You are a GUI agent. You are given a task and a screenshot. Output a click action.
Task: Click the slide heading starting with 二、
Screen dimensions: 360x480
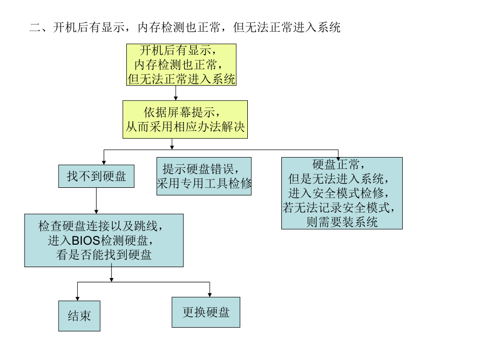185,28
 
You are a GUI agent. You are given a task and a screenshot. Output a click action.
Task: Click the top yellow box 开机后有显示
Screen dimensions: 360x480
181,65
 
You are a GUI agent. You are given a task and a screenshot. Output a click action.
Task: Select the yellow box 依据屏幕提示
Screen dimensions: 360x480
185,119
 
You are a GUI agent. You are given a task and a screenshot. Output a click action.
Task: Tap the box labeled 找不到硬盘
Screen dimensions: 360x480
96,176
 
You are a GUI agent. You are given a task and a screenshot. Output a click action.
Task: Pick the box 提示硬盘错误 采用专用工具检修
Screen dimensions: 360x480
204,176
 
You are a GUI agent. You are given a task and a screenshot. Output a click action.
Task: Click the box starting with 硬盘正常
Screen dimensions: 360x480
342,193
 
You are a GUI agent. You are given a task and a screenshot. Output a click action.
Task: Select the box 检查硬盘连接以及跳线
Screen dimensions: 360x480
104,240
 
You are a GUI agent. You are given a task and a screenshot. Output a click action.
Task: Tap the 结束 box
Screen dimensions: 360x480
79,316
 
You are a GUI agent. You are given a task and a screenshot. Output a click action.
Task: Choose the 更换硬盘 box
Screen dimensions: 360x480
206,312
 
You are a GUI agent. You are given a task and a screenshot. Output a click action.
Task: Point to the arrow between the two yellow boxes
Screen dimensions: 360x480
176,93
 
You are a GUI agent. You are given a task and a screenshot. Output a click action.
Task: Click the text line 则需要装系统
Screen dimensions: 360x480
342,222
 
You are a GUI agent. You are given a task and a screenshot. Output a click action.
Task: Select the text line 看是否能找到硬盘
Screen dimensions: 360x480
104,255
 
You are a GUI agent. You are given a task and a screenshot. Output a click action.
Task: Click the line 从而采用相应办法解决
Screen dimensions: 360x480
185,127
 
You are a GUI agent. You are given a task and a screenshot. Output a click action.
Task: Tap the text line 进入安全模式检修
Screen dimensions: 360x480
342,194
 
